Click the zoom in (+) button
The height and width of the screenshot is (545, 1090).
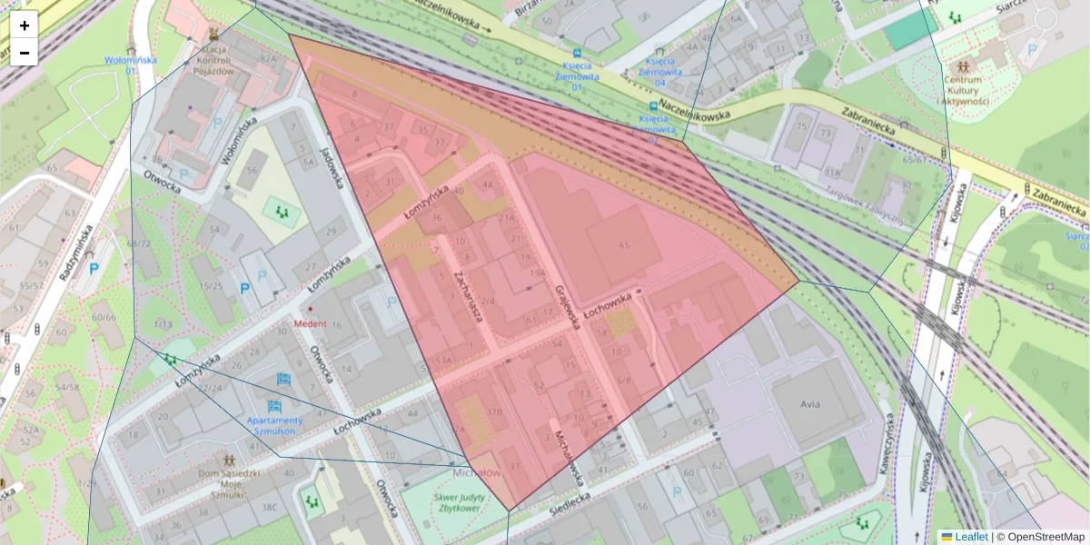point(25,25)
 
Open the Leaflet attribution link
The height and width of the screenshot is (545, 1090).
point(971,537)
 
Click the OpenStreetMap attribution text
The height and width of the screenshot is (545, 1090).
point(1044,537)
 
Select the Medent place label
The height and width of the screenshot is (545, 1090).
point(309,323)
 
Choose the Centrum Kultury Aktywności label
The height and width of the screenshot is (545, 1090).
point(961,90)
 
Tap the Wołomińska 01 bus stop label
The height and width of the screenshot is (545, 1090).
point(131,64)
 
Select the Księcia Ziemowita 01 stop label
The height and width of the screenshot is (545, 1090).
point(577,72)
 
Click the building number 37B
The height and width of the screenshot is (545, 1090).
point(494,411)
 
